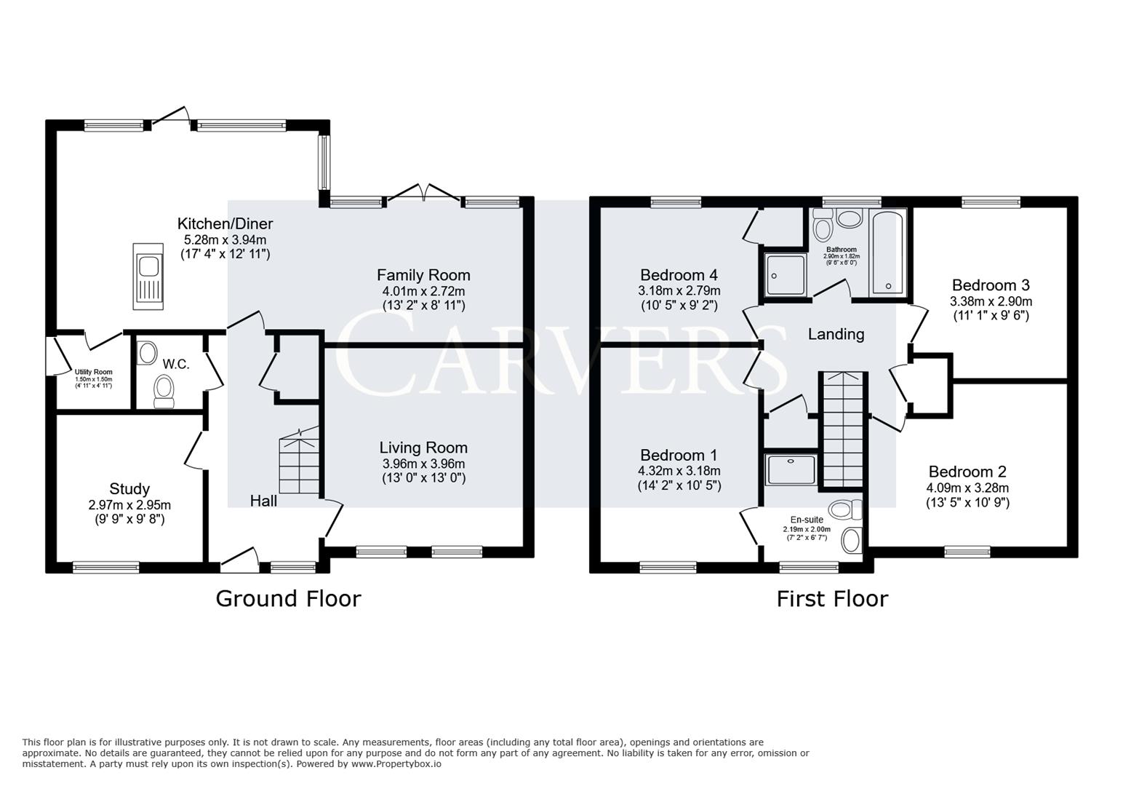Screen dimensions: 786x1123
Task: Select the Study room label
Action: click(129, 489)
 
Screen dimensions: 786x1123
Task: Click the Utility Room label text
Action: click(93, 372)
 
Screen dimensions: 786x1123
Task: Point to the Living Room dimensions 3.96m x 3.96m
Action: click(423, 464)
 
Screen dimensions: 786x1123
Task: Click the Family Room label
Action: click(423, 275)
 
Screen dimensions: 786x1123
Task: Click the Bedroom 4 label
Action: click(679, 275)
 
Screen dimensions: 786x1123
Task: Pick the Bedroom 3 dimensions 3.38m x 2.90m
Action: click(991, 301)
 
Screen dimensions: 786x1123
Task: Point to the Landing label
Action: click(836, 334)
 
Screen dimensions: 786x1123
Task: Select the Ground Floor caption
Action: click(288, 599)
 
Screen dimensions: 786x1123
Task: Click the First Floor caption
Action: click(832, 599)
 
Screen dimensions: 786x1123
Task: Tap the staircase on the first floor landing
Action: click(844, 429)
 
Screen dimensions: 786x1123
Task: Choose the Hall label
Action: click(263, 501)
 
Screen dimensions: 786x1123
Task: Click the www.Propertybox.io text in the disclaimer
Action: click(396, 764)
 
